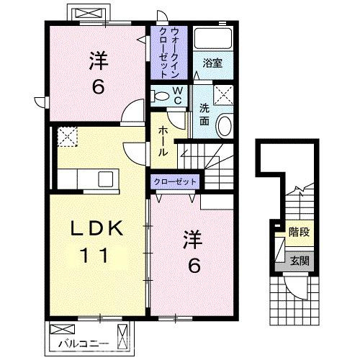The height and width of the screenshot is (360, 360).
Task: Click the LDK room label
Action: (x=96, y=228)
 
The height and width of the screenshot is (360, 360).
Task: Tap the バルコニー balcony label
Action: (x=84, y=344)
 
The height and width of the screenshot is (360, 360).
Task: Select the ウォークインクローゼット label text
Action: (x=169, y=53)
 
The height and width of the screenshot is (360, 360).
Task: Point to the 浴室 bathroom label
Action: (x=212, y=63)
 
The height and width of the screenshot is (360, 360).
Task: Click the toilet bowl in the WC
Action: (x=159, y=96)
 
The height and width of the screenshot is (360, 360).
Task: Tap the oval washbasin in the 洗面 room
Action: (x=225, y=126)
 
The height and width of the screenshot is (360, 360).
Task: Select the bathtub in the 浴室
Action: (x=213, y=38)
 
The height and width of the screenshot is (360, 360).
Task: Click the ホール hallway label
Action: (x=163, y=141)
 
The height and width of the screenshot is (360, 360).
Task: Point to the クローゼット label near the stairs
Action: (x=175, y=181)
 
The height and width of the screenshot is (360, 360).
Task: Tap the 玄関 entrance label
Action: (x=300, y=261)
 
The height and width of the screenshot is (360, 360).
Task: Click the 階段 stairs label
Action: (x=299, y=233)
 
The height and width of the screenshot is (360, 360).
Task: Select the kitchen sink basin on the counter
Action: (x=106, y=179)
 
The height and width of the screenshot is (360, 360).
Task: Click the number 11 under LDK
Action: (x=94, y=255)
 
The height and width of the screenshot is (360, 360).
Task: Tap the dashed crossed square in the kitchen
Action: (x=68, y=137)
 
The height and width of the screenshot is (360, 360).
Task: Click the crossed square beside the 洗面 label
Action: (x=223, y=95)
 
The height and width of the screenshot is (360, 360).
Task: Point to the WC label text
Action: (x=178, y=96)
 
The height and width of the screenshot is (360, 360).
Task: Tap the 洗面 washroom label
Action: (x=204, y=114)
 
